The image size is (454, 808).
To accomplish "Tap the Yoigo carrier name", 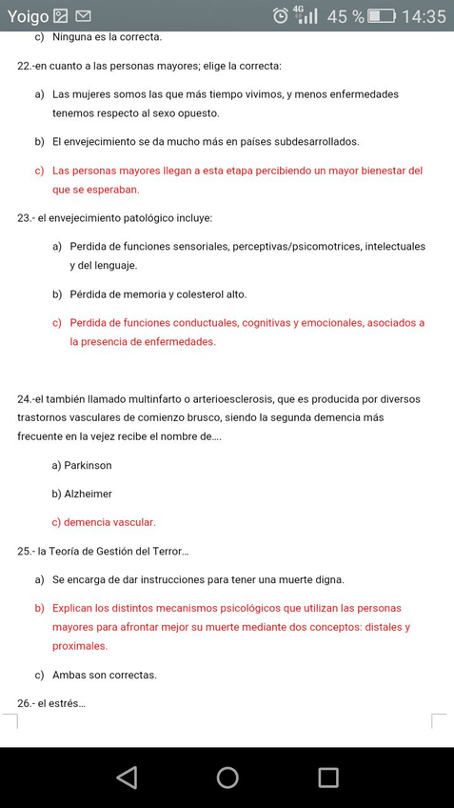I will (x=28, y=16).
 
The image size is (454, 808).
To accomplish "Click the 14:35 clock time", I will (x=424, y=16).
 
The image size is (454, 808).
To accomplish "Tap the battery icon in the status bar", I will (x=382, y=16).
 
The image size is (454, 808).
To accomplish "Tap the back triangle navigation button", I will (x=127, y=777).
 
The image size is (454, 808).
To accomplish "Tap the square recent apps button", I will (x=328, y=777).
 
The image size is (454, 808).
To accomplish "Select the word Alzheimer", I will (x=88, y=495).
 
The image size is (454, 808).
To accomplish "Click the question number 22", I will (x=25, y=66).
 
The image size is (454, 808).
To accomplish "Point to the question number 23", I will (x=25, y=218).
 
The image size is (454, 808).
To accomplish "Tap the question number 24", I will (x=25, y=399).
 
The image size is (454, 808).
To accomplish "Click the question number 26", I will (x=25, y=704).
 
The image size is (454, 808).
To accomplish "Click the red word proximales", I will (x=80, y=646).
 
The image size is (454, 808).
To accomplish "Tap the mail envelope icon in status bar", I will (x=83, y=16).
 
